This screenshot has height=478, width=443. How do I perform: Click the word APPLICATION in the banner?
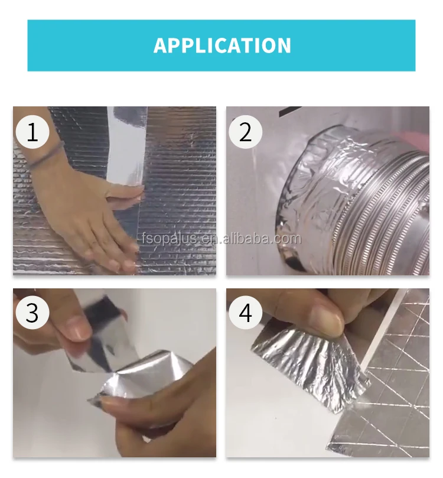222,45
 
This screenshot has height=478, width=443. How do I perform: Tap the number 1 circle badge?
32,132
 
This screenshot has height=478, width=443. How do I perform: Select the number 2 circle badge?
245,132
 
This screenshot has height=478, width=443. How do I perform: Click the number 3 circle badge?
32,313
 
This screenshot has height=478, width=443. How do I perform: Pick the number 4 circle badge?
245,313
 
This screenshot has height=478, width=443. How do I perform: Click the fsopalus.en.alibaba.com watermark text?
221,238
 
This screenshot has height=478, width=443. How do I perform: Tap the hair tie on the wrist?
45,155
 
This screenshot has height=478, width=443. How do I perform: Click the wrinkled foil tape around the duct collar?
317,183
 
